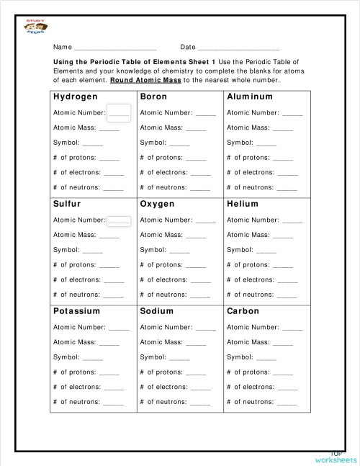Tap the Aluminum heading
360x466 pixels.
coord(249,97)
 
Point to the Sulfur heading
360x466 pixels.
coord(66,204)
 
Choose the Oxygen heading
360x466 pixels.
coord(157,204)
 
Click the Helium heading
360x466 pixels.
coord(242,204)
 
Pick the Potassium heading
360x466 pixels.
coord(76,311)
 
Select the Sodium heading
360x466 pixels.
coord(156,311)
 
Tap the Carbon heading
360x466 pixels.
coord(243,311)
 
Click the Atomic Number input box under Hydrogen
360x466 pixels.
coord(118,112)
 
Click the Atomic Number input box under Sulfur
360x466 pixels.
coord(119,220)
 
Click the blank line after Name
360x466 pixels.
coord(115,48)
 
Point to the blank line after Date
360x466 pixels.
coord(238,48)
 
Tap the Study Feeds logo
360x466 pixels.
coord(35,27)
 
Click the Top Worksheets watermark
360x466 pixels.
coord(335,455)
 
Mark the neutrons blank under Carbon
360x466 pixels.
coord(287,403)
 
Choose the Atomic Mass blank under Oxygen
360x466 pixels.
coord(196,236)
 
